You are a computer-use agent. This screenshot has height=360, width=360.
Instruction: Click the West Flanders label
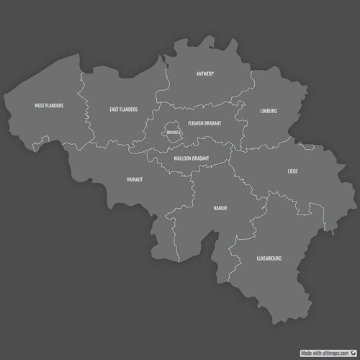49,106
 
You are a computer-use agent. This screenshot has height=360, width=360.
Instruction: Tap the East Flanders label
124,110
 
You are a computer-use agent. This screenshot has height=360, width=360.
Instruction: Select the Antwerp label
205,74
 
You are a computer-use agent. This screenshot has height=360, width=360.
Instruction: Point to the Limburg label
269,111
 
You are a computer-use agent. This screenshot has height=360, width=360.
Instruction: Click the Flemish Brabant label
204,123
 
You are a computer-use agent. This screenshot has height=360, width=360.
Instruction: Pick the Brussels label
173,133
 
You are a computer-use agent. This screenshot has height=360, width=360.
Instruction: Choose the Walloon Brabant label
192,158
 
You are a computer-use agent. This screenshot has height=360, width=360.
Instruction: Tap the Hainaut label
135,179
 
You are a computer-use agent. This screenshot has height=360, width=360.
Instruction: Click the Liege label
292,172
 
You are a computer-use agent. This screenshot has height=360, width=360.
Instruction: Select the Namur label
220,208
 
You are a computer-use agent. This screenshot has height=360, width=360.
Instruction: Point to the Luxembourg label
269,258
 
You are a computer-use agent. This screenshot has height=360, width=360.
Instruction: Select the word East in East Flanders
114,110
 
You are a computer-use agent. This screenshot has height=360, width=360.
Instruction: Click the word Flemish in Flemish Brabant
196,123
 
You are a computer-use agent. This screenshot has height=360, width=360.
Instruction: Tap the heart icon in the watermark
354,354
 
